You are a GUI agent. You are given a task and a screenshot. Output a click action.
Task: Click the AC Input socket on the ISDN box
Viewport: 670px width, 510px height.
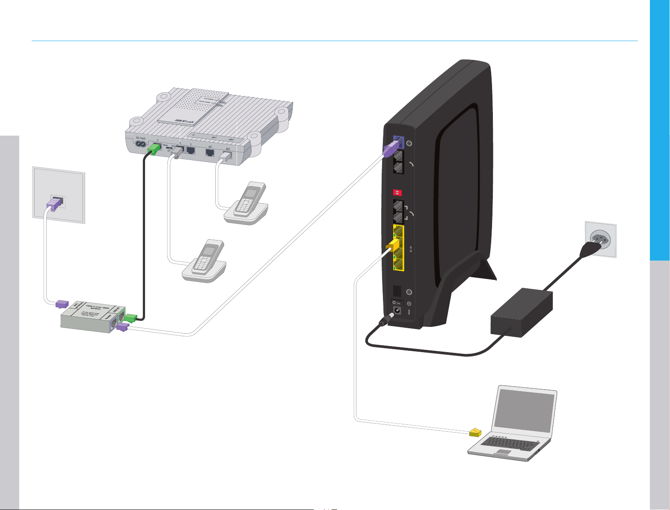[140, 145]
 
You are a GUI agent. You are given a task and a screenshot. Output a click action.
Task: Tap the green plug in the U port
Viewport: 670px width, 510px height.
[154, 149]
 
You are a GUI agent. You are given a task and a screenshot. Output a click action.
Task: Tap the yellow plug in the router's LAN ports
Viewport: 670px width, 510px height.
[392, 246]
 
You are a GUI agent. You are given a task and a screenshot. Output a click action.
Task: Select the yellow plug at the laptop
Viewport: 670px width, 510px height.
[475, 433]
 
